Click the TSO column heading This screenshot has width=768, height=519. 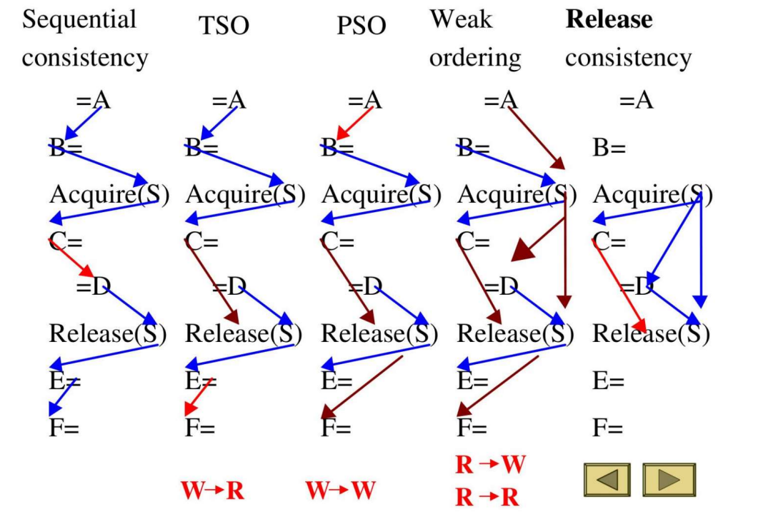224,26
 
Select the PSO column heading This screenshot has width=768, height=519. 361,26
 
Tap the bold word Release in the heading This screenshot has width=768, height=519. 609,19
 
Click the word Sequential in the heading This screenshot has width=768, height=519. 79,19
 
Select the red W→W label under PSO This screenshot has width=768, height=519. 341,492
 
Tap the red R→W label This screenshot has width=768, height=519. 489,465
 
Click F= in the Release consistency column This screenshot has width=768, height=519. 608,428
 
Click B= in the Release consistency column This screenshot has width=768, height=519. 609,148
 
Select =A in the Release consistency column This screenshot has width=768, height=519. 636,101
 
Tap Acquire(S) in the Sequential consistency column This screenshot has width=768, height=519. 109,194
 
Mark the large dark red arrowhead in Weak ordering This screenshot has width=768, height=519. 523,251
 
